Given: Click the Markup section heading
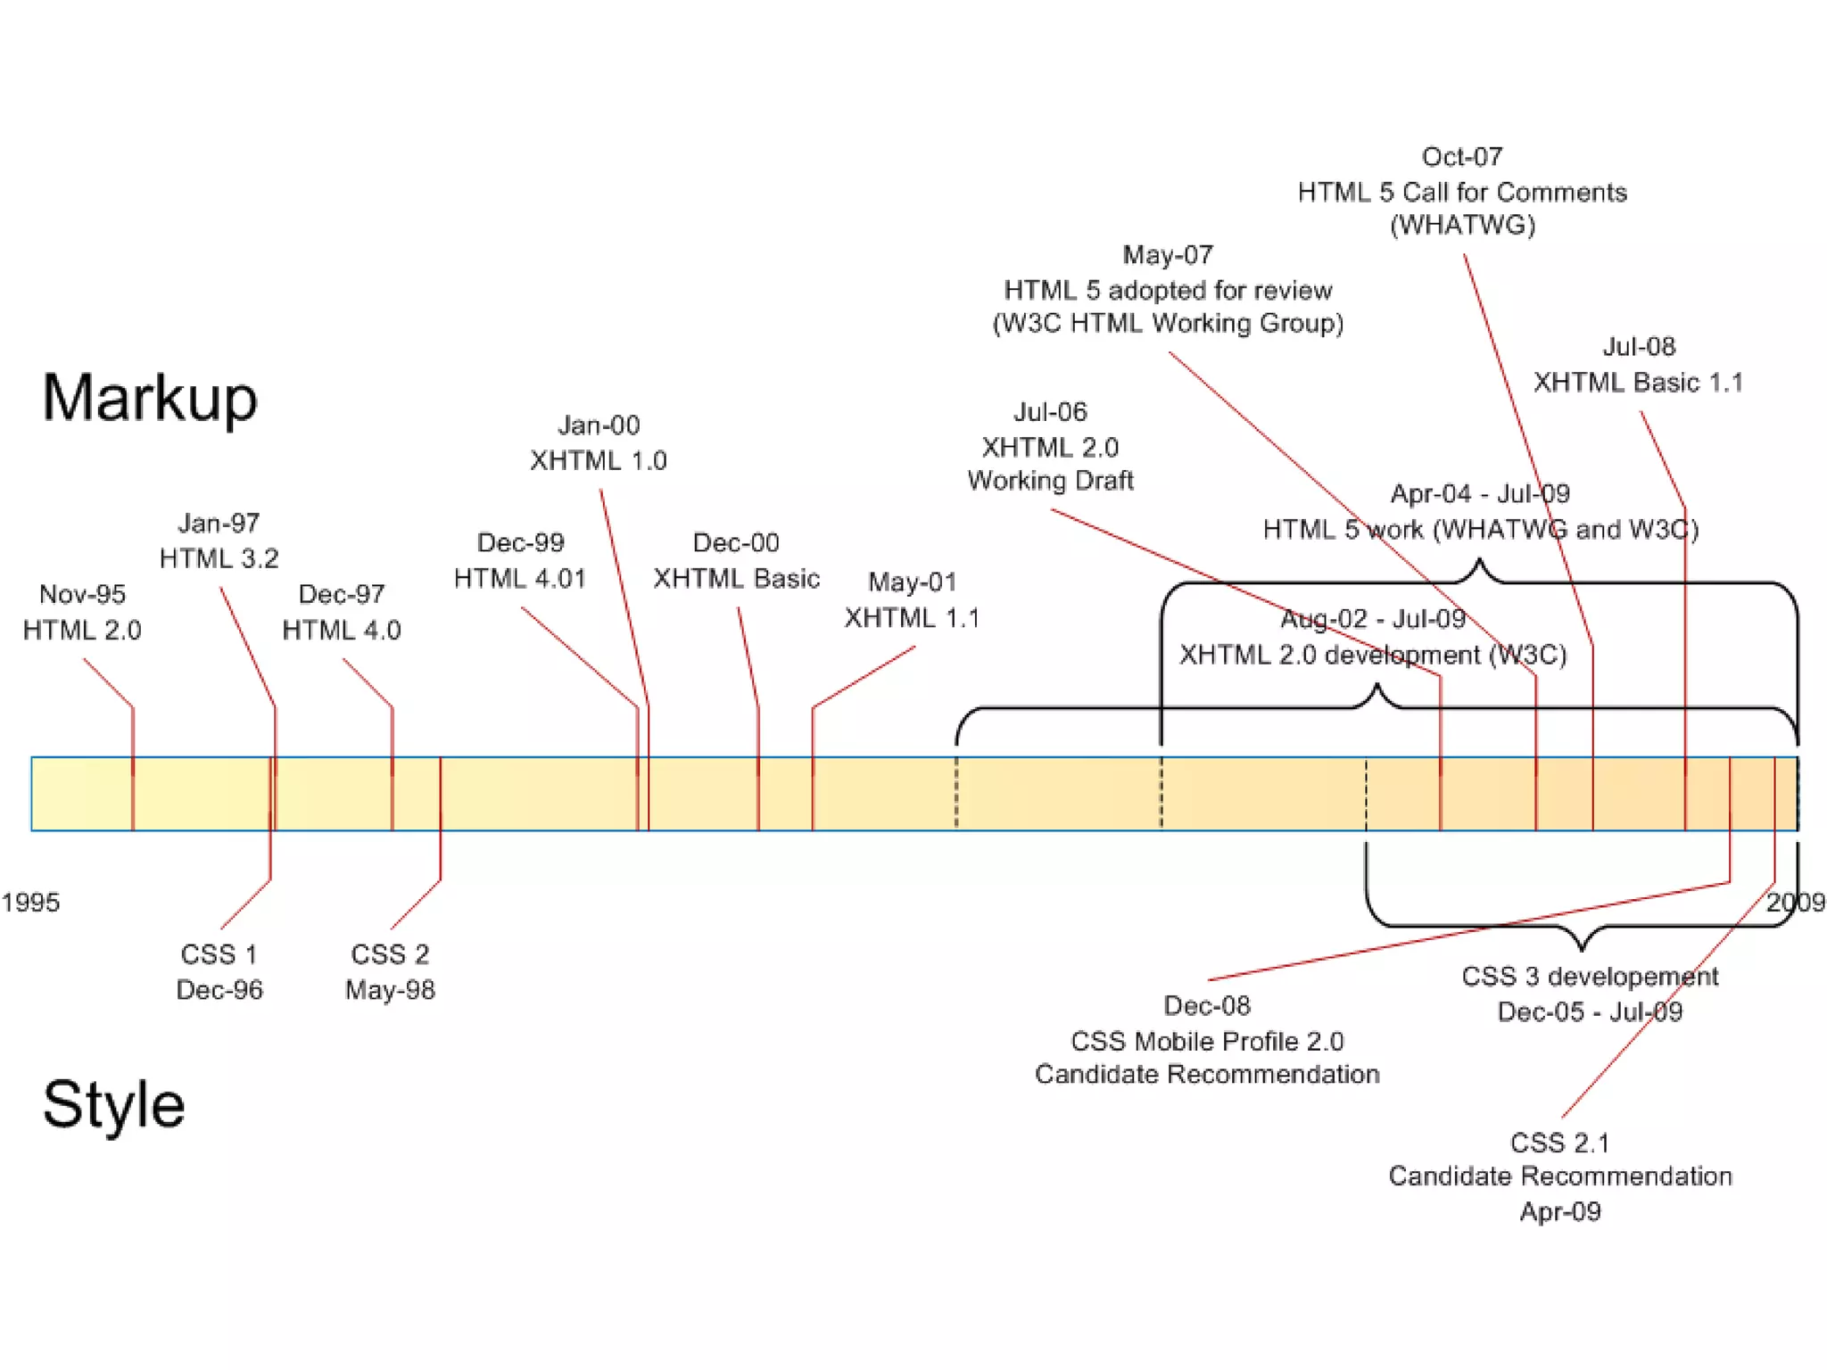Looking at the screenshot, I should tap(150, 398).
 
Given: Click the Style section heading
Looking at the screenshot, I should tap(114, 1104).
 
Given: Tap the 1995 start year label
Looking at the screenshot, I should tap(30, 902).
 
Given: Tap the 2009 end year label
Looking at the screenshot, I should tap(1795, 902).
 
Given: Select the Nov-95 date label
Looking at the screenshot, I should tap(82, 594).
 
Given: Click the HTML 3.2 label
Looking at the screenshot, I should tap(219, 558).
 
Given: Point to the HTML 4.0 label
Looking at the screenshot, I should tap(342, 630).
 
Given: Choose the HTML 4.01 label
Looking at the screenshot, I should tap(520, 578).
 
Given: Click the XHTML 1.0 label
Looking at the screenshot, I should tap(599, 460).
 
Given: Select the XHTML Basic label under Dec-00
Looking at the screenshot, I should tap(736, 578).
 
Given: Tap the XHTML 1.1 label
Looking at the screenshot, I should tap(912, 617).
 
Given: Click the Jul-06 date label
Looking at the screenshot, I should tap(1050, 411).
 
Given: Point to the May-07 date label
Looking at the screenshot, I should tap(1168, 255).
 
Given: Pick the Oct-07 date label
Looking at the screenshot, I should tap(1462, 157).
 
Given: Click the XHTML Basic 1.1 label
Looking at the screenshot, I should tap(1638, 382).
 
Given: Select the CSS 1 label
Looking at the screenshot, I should tap(219, 953).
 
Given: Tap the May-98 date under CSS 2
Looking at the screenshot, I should tap(390, 989).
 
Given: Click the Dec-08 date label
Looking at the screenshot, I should tap(1207, 1005).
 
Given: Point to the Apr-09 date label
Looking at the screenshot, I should tap(1560, 1211).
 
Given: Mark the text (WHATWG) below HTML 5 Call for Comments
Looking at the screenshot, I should tap(1462, 225).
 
